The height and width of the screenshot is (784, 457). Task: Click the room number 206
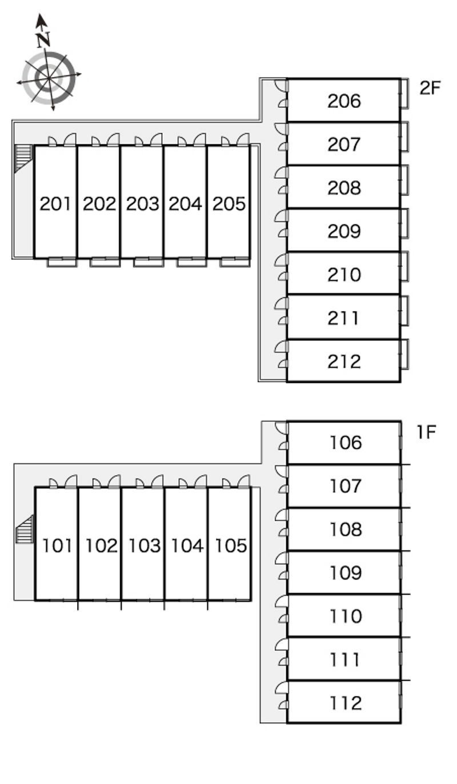click(x=344, y=101)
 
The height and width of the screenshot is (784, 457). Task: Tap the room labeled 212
click(x=344, y=361)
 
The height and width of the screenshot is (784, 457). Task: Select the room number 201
click(x=55, y=204)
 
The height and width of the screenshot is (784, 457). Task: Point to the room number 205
click(x=229, y=204)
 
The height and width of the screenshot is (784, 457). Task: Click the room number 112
click(x=346, y=703)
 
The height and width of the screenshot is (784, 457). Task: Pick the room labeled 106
click(x=346, y=443)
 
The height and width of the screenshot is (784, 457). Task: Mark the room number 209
click(x=344, y=231)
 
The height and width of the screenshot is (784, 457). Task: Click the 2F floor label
click(x=430, y=88)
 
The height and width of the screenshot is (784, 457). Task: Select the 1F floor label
click(x=426, y=432)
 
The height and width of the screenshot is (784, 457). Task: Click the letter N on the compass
click(x=44, y=39)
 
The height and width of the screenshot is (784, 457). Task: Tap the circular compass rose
click(x=49, y=78)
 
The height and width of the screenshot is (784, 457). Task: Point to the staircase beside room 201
click(x=23, y=158)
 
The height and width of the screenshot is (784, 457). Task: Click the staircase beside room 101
click(x=25, y=529)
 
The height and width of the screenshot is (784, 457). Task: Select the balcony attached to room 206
click(x=404, y=93)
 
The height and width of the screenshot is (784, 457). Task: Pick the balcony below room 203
click(x=149, y=262)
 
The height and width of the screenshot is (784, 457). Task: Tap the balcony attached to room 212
click(x=404, y=354)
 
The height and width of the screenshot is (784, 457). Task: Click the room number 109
click(x=346, y=573)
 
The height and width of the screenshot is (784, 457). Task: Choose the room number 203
click(x=143, y=204)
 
